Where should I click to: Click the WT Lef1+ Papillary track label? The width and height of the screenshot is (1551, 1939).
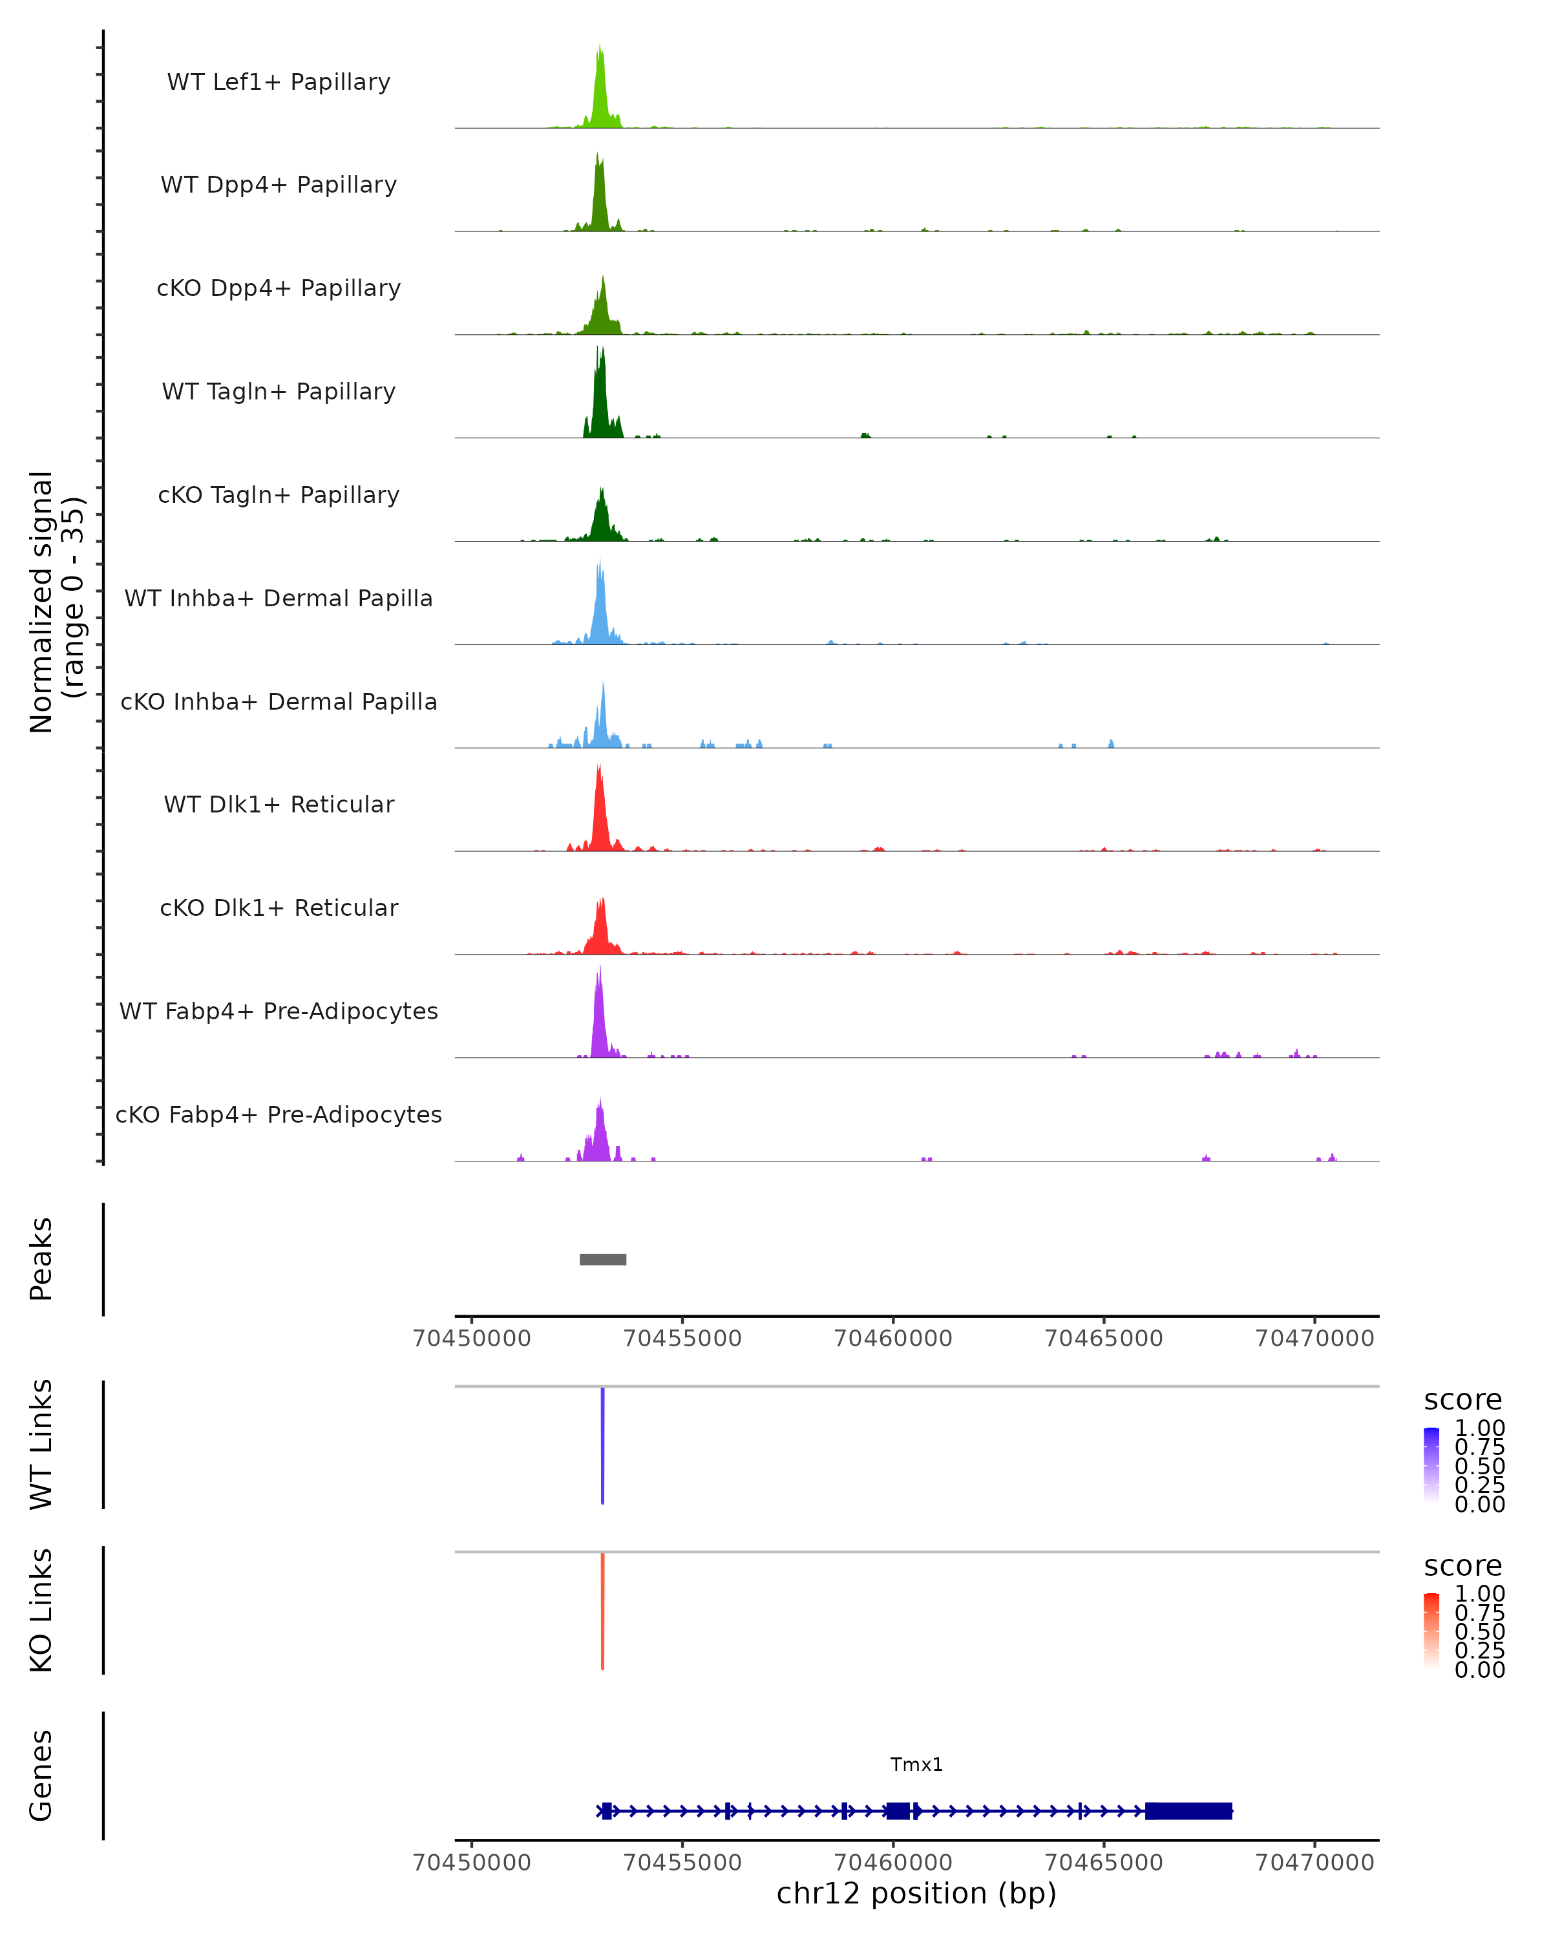[x=279, y=82]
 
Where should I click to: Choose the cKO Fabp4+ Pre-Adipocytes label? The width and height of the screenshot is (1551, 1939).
[x=279, y=1114]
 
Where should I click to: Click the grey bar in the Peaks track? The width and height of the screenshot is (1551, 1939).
[x=602, y=1259]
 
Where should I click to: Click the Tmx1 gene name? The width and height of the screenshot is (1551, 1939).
[x=916, y=1764]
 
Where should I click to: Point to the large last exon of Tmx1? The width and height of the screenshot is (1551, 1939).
[x=1188, y=1811]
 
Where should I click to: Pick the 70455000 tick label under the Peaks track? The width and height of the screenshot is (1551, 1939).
[x=682, y=1339]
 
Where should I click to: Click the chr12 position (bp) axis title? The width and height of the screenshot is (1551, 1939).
[x=916, y=1894]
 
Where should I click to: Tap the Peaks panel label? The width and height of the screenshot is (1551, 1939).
[x=41, y=1259]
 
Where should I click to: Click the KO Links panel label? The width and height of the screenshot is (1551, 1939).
[x=41, y=1611]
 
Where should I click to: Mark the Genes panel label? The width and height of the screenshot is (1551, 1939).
[x=41, y=1775]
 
